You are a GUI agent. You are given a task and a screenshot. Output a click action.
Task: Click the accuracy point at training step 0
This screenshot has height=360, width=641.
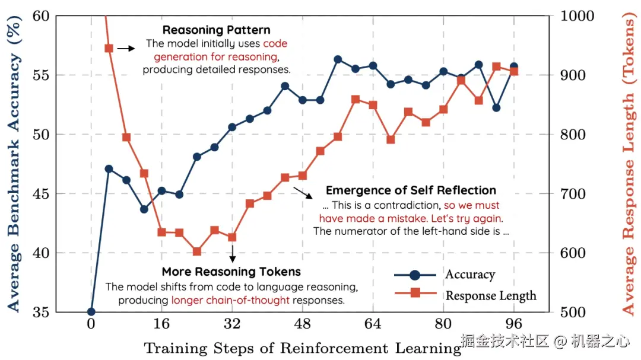(x=91, y=312)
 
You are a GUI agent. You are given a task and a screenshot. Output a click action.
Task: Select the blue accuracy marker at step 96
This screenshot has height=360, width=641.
(x=514, y=66)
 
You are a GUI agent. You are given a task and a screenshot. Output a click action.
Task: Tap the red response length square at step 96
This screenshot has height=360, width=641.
(x=514, y=72)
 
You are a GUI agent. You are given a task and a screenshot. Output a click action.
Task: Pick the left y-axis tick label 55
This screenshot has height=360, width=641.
(x=40, y=75)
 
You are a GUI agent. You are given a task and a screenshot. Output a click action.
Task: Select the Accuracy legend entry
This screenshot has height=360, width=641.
(x=469, y=275)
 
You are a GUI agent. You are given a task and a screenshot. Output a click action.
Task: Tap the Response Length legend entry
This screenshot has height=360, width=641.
(x=491, y=295)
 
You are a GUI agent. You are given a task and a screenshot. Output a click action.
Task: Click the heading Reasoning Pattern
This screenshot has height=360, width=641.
(x=216, y=30)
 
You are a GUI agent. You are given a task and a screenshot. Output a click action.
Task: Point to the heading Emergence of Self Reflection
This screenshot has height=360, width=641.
(x=411, y=190)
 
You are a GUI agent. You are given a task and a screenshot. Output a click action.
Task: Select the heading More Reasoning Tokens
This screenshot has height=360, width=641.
(x=231, y=272)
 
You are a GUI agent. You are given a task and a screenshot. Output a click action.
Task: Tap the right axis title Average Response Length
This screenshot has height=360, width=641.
(x=628, y=164)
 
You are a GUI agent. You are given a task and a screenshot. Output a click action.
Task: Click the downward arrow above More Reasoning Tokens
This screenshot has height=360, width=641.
(x=232, y=254)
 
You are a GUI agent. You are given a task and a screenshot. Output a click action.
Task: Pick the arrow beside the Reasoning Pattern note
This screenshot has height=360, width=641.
(x=126, y=48)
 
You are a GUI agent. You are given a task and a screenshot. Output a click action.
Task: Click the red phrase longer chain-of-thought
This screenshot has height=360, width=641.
(x=230, y=300)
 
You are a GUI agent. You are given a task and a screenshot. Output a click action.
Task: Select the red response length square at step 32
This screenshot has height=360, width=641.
(x=232, y=237)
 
